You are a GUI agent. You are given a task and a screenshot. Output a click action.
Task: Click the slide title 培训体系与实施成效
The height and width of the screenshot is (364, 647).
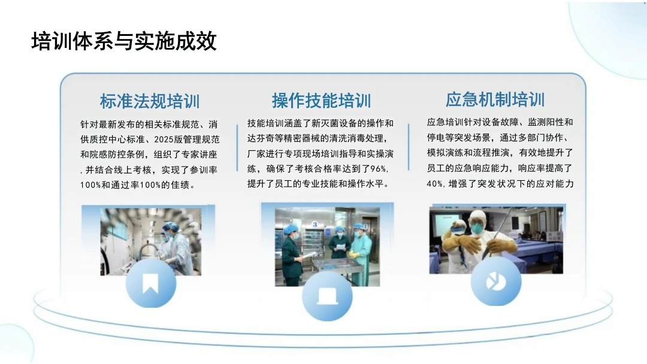[124, 41]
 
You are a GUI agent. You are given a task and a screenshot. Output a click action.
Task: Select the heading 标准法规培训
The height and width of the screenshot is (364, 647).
[150, 101]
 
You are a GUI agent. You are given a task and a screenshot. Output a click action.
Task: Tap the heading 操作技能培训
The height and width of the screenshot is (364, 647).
[322, 101]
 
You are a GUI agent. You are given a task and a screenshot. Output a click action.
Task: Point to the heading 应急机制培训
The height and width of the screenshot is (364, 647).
[495, 99]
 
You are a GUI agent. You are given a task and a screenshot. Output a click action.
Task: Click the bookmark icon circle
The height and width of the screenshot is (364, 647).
[150, 283]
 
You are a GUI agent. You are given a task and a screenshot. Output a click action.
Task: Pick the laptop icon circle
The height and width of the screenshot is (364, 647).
[327, 296]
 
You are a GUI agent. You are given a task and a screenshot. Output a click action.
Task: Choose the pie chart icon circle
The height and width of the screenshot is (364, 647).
[495, 282]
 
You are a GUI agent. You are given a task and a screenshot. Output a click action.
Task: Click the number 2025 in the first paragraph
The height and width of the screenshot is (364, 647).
[164, 139]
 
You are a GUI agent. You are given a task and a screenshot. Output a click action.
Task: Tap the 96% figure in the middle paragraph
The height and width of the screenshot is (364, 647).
[378, 169]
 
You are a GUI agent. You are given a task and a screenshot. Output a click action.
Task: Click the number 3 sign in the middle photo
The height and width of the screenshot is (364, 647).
[315, 225]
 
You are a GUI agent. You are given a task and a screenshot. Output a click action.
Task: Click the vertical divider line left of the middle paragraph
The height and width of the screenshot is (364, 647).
[237, 148]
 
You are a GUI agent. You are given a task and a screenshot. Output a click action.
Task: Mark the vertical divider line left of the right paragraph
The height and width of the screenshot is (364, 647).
[409, 147]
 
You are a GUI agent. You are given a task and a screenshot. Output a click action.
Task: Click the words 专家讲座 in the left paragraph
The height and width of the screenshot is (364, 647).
[199, 154]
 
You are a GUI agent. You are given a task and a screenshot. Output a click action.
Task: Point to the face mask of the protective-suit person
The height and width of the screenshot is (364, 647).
[477, 227]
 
